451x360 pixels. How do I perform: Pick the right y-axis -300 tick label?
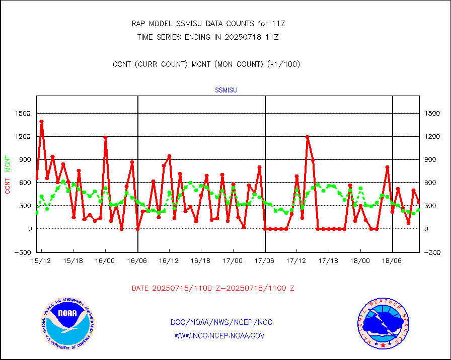point(433,252)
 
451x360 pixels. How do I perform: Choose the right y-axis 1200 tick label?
point(433,137)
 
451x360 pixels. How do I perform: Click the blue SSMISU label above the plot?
point(226,91)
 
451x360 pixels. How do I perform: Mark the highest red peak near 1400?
point(42,121)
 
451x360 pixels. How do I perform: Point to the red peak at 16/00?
point(106,137)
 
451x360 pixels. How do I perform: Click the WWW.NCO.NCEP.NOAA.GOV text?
point(219,335)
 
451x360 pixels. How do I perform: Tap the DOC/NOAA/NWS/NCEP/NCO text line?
point(222,322)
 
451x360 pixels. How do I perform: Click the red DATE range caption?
point(213,289)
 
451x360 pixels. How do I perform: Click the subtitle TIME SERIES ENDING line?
point(208,37)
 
